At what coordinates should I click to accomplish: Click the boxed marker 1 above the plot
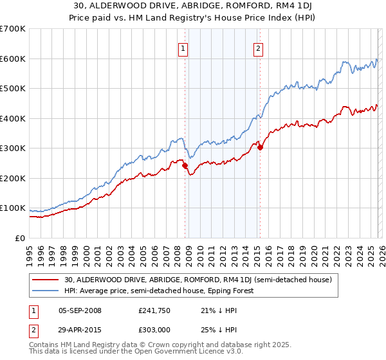(x=183, y=48)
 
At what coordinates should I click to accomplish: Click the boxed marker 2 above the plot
(x=258, y=48)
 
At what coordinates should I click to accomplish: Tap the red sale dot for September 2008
(x=185, y=166)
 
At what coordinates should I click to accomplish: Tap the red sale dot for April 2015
(x=260, y=147)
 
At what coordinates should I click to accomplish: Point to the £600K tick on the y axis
(x=13, y=59)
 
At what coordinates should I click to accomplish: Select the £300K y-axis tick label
(x=13, y=148)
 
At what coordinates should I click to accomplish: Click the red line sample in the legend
(x=46, y=280)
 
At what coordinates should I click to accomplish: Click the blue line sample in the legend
(x=46, y=291)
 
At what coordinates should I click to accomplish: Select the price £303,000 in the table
(x=155, y=331)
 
